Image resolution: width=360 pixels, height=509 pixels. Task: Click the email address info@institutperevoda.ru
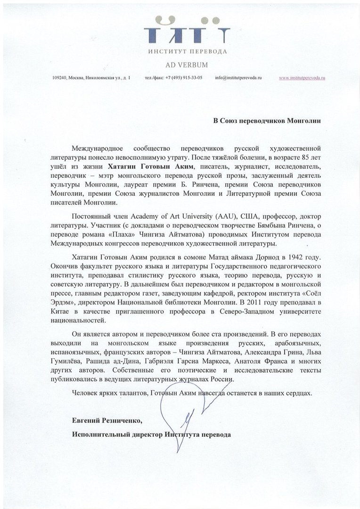238,78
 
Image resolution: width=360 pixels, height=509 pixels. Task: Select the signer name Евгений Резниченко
106,419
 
